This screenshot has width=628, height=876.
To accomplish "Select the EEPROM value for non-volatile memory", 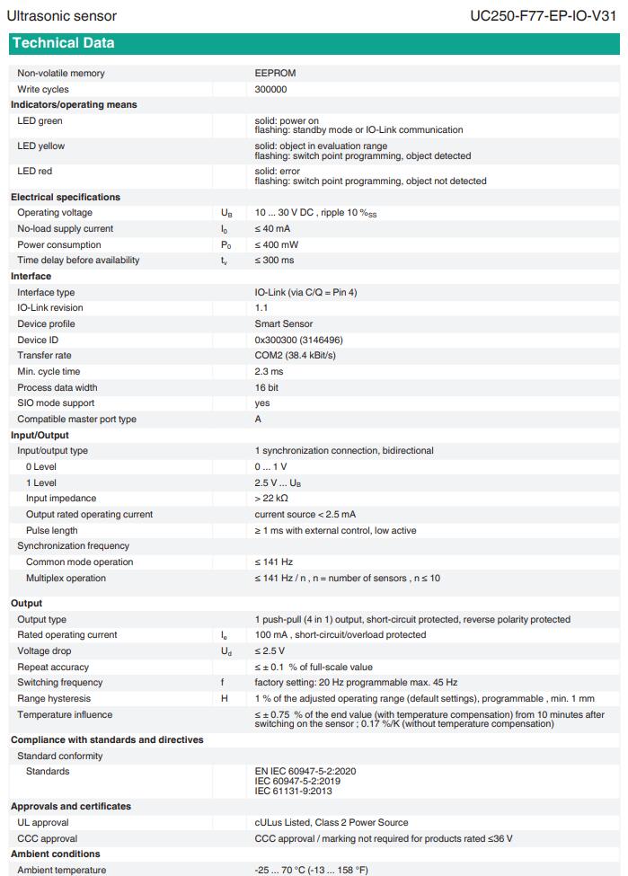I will (x=275, y=74).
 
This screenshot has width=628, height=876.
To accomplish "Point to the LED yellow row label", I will (x=41, y=146).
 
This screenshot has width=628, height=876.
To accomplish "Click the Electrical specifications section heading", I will (x=66, y=197).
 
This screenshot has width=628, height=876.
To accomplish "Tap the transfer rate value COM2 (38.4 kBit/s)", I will (x=295, y=356).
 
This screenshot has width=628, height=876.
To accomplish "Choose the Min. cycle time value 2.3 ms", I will (x=269, y=371).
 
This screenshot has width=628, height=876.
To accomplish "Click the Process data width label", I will (x=57, y=387).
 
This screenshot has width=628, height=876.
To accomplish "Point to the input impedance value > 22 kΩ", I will (x=271, y=499).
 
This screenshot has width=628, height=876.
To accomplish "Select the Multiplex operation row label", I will (x=66, y=578).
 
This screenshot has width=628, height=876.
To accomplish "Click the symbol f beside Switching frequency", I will (x=223, y=683).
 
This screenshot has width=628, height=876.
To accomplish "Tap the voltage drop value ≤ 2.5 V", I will (x=270, y=651).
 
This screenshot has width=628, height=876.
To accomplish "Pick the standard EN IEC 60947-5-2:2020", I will (x=305, y=772).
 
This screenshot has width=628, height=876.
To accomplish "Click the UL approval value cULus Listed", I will (x=331, y=822).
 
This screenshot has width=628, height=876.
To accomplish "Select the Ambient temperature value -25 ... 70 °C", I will (x=311, y=870).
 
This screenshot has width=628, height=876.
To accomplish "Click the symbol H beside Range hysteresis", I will (x=224, y=699).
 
